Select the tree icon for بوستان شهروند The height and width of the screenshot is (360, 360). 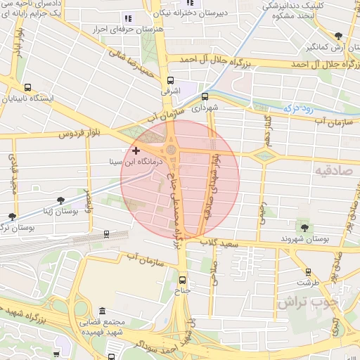tap(304, 227)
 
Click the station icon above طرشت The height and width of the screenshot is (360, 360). tap(308, 271)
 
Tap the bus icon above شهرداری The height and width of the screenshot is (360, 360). tap(205, 97)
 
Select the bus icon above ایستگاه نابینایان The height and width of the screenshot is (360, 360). tap(27, 88)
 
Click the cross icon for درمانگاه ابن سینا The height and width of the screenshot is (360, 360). tap(136, 150)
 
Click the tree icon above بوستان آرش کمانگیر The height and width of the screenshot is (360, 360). tap(338, 35)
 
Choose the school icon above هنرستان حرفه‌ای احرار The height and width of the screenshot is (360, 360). tap(128, 18)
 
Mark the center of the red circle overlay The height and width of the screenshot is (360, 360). tap(180, 179)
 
